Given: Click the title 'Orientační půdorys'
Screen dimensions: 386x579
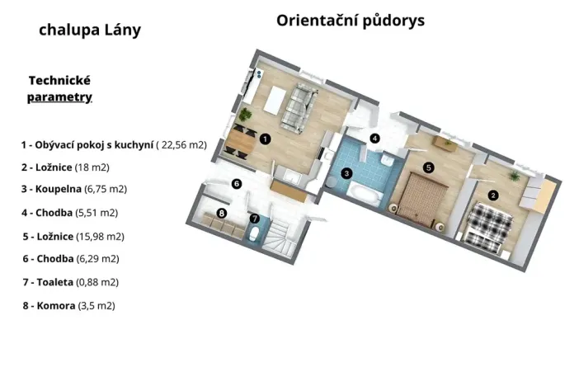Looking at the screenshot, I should coord(351,20).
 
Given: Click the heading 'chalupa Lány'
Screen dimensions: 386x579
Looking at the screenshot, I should coord(90,31).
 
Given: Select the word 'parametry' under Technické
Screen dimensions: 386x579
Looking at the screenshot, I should coord(59,97).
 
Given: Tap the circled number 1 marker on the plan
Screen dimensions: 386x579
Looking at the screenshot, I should coord(264,139).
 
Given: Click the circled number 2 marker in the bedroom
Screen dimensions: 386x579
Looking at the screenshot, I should coord(493,195).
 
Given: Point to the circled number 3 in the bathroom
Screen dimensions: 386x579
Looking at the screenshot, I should coord(347,173).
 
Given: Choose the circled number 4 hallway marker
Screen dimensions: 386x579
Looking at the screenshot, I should coord(374,139).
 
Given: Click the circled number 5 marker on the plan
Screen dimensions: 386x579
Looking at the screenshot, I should coord(428,167).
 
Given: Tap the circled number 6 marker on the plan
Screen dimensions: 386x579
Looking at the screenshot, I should coord(236,184).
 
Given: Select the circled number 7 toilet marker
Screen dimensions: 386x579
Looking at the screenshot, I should coord(255,219).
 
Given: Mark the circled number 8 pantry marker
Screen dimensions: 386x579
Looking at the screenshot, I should coord(221,214).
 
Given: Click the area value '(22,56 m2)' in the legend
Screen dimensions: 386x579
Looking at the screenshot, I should coord(181,144).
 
